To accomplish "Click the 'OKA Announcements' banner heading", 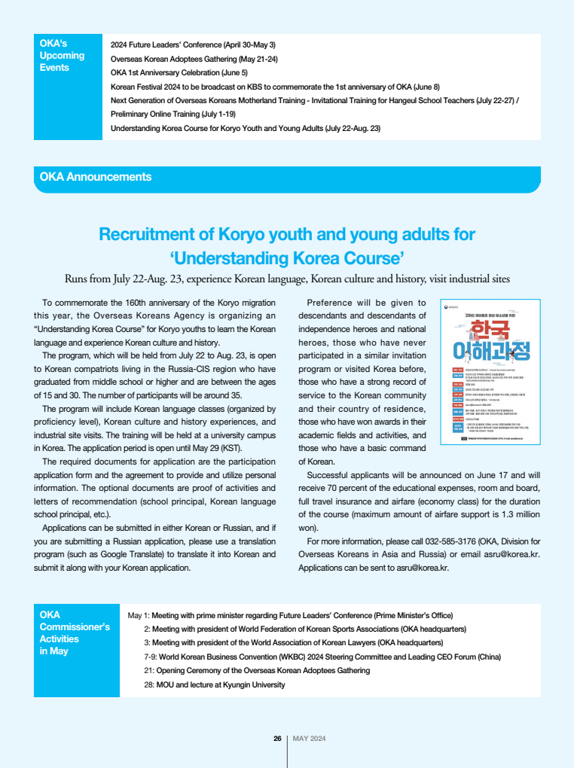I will [96, 177].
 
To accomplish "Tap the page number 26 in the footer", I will [277, 739].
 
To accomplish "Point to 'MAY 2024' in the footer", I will [309, 739].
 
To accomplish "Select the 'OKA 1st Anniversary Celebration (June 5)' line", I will [179, 72].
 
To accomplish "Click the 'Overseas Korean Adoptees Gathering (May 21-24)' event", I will [194, 59].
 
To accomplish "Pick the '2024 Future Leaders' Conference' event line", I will [193, 45].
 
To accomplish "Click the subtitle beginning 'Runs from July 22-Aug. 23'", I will [287, 279].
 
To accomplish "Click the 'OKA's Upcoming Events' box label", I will [62, 56].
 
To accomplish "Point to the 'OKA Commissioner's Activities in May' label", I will [75, 632].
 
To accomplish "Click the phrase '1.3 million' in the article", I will [511, 514].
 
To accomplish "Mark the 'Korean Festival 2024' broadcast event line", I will [275, 87].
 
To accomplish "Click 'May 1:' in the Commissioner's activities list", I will [139, 614].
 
